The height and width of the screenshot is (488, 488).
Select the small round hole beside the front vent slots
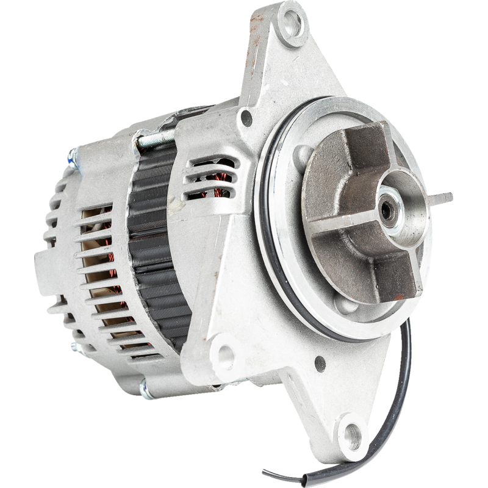coord(246,117)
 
